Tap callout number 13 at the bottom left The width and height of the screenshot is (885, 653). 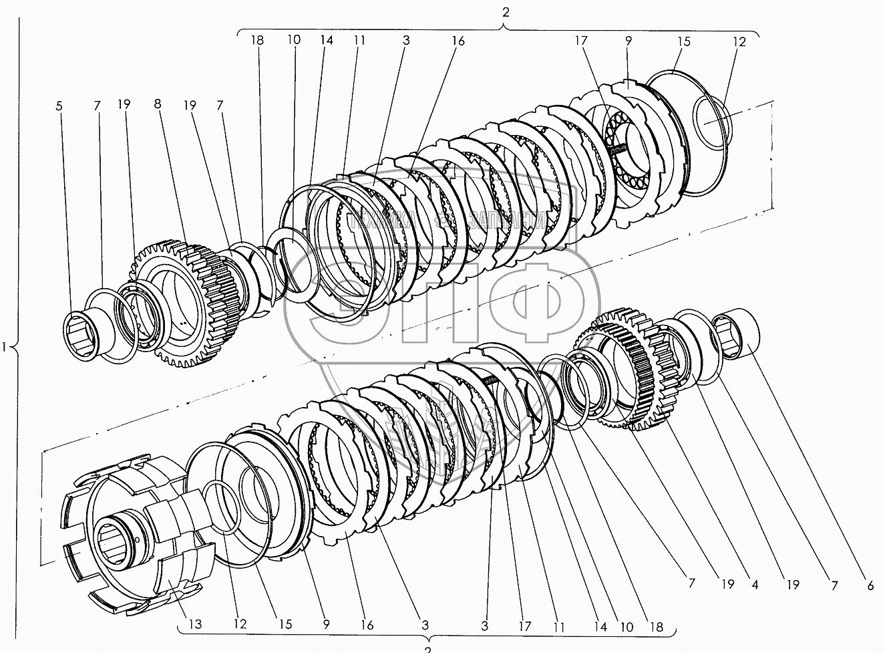point(194,624)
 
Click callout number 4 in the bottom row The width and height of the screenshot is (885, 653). point(754,585)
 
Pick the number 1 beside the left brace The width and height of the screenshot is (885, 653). point(6,347)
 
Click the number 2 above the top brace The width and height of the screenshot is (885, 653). point(506,11)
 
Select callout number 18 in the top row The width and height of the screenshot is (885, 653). point(258,40)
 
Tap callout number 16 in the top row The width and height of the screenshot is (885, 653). point(458,41)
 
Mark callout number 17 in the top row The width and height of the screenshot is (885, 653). point(580,41)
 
